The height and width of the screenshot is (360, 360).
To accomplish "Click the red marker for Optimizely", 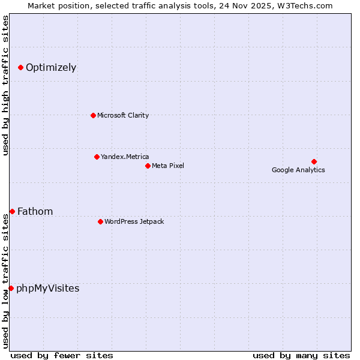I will (20, 67).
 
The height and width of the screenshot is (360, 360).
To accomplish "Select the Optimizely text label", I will (51, 68).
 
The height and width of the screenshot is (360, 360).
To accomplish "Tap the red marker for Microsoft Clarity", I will (93, 115).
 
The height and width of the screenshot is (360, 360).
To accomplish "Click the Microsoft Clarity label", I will (123, 115).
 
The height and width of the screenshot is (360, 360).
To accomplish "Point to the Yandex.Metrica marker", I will (97, 157).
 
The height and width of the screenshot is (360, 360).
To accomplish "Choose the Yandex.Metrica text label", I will (125, 157).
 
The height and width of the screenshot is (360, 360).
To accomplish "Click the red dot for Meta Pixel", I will (148, 166).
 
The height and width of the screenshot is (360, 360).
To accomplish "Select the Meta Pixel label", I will (168, 166).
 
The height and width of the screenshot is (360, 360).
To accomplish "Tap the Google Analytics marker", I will (314, 161).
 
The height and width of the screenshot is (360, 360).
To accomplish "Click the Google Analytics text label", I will (298, 170).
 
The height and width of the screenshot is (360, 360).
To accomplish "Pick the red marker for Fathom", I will (12, 211).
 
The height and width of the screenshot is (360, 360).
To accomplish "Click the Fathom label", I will (35, 211).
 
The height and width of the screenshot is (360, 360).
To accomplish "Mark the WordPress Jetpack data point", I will (100, 221).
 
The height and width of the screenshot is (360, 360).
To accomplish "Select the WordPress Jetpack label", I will (134, 221).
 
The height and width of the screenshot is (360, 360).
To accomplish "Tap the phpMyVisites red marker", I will (11, 288).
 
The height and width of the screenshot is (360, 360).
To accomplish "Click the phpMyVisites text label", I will (47, 289).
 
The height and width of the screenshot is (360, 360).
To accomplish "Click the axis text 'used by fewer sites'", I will (62, 355).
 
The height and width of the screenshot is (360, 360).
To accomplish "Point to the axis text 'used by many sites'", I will (301, 355).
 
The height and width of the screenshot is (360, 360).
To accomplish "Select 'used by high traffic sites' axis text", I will (6, 85).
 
